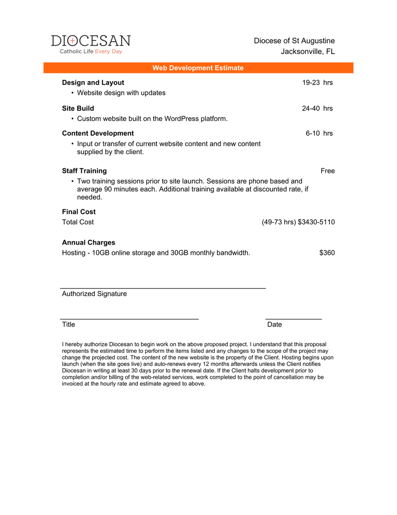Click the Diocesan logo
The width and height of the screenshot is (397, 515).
coord(91,44)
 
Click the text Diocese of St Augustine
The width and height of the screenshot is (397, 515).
coord(294,41)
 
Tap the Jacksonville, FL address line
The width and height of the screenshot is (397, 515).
coord(307,51)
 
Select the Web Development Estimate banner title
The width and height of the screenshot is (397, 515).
coord(198,68)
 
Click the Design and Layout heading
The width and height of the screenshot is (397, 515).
coord(93,82)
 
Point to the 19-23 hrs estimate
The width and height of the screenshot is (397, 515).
coord(317,82)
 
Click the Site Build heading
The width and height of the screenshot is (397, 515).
coord(78,108)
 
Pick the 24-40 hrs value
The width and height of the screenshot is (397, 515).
coord(317,108)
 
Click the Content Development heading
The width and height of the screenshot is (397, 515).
coord(98,133)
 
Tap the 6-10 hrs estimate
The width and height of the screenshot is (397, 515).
coord(319,133)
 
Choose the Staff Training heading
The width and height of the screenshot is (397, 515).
coord(84,171)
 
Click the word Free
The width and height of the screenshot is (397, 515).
coord(328,171)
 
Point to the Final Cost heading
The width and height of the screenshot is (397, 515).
coord(79,212)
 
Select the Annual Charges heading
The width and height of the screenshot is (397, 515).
coord(89,242)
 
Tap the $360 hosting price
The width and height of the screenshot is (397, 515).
coord(327,253)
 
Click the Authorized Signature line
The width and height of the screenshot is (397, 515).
coord(163,288)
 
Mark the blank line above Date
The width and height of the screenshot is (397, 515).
coord(294,319)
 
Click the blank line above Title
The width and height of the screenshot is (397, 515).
coord(129,319)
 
